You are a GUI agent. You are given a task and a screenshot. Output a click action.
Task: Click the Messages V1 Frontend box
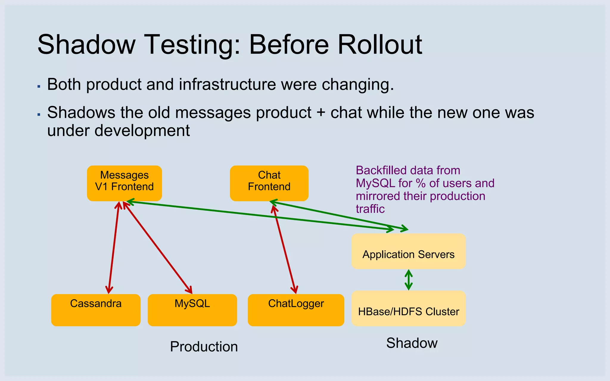(x=124, y=183)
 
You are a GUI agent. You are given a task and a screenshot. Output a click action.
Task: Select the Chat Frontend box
(x=269, y=183)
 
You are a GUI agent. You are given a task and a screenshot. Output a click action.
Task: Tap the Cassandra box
(x=96, y=310)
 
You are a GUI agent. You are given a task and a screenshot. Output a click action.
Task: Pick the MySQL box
(x=192, y=310)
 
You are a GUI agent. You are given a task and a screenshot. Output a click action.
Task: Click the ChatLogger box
(x=296, y=310)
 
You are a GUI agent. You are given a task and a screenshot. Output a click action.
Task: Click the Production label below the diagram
(x=204, y=346)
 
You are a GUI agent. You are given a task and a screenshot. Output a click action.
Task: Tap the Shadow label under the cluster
(x=412, y=343)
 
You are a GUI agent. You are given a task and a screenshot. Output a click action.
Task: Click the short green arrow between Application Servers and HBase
(x=409, y=280)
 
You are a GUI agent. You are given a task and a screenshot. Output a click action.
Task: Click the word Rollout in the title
(x=380, y=45)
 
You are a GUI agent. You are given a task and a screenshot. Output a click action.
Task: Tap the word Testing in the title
(x=192, y=45)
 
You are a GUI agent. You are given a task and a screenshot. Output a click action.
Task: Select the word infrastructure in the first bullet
(x=227, y=85)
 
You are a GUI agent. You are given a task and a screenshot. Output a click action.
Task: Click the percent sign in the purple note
(x=421, y=183)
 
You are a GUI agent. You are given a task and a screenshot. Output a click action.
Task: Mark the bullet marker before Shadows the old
(x=39, y=114)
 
